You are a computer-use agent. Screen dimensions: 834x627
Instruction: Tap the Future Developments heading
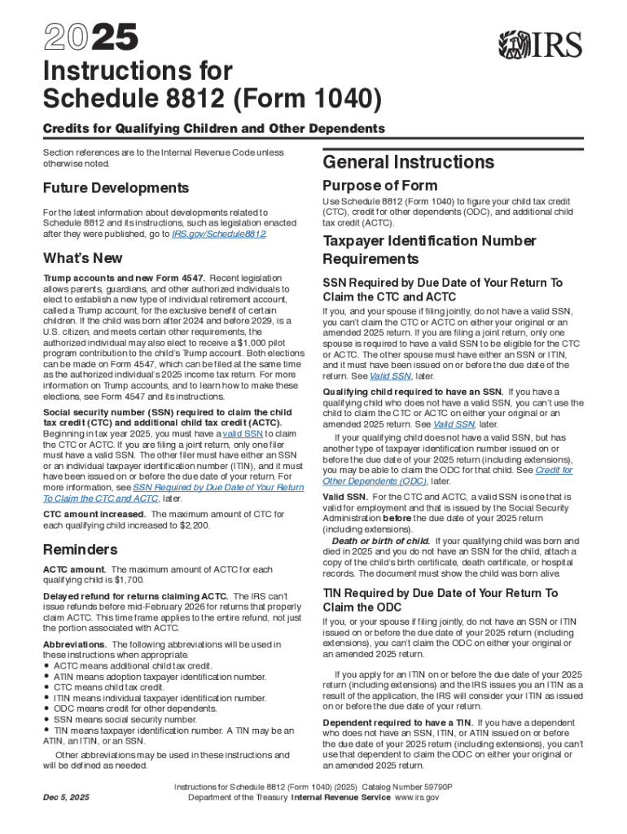click(x=116, y=187)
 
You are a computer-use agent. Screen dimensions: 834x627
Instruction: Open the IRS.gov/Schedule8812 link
click(x=218, y=234)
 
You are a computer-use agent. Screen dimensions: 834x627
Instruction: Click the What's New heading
click(x=82, y=259)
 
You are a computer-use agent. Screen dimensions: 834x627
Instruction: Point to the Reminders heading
click(x=80, y=549)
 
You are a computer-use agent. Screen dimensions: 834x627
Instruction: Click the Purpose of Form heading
click(x=380, y=185)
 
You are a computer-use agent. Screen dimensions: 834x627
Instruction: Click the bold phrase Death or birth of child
click(x=381, y=541)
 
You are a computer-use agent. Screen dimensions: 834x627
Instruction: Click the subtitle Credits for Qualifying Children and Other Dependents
click(x=213, y=129)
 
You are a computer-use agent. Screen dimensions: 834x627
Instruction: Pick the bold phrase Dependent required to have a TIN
click(x=397, y=722)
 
